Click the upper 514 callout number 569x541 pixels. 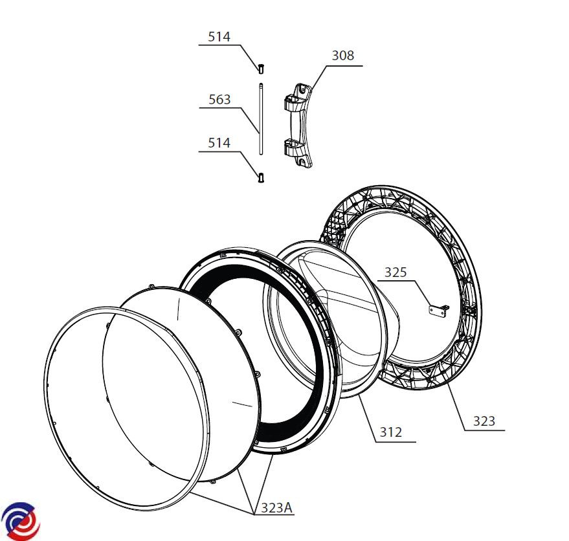point(219,37)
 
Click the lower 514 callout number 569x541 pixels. point(219,143)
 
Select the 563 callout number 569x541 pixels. point(219,100)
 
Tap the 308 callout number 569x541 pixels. point(343,56)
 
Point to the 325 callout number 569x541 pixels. point(396,272)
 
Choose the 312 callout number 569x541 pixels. point(391,432)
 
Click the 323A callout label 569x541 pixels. point(276,507)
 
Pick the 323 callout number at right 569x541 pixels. point(484,421)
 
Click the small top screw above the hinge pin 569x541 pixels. point(261,69)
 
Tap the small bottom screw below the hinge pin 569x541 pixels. point(261,178)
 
